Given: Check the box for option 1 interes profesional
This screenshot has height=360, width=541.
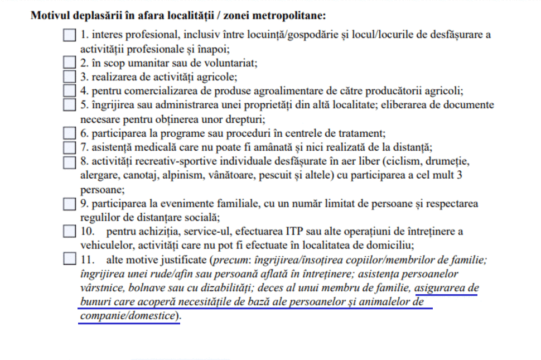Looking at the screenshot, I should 69,35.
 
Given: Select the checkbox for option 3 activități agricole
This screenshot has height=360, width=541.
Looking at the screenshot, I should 69,76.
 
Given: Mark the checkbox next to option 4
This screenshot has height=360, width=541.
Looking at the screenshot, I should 69,90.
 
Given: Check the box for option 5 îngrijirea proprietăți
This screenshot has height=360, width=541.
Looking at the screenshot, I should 69,104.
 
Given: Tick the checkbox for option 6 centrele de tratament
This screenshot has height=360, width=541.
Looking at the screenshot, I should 69,133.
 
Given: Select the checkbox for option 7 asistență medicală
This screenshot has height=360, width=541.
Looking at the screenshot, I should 69,147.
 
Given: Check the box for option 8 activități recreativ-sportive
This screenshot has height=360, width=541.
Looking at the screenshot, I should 69,162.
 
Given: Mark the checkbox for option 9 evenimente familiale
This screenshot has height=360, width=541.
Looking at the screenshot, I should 69,204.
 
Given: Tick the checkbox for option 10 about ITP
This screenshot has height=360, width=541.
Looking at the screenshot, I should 69,231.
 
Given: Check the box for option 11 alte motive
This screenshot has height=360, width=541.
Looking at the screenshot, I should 69,259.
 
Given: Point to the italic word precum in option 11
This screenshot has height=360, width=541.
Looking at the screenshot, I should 228,260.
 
